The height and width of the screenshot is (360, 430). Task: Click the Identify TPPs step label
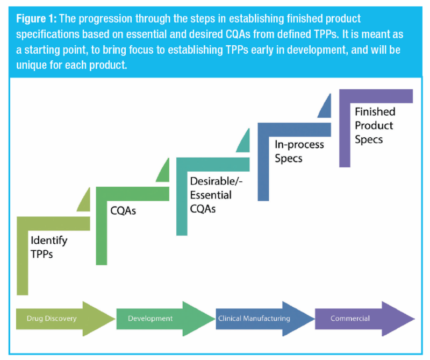coord(49,246)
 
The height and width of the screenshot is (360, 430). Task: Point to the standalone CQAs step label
coord(123,211)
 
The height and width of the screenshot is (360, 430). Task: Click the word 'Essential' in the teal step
coord(211,195)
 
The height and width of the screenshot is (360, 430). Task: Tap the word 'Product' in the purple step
coord(374,125)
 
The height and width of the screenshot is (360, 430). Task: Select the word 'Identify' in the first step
coord(49,240)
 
